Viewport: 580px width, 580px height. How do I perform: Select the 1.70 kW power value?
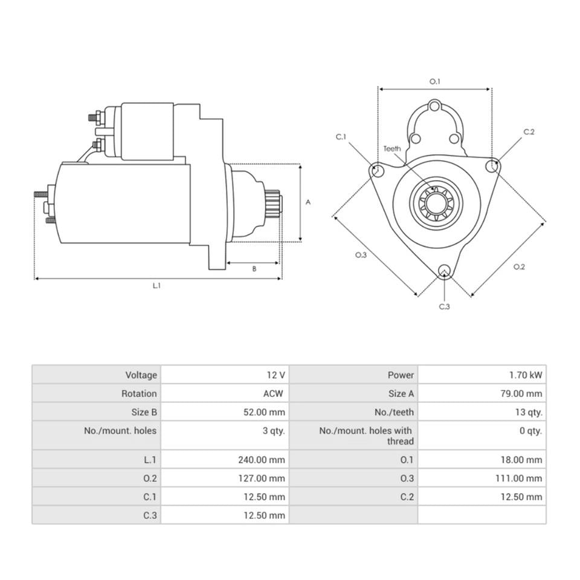pyautogui.click(x=526, y=375)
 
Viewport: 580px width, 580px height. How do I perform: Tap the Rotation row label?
pyautogui.click(x=139, y=393)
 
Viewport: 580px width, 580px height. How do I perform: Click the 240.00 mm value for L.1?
pyautogui.click(x=260, y=460)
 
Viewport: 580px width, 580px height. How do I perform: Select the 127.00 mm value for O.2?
pyautogui.click(x=260, y=478)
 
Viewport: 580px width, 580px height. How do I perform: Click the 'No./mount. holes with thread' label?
pyautogui.click(x=366, y=436)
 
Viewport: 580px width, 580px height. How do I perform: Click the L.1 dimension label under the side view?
pyautogui.click(x=156, y=286)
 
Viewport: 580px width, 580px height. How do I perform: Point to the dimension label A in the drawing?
pyautogui.click(x=308, y=202)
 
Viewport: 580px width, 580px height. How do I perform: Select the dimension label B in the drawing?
pyautogui.click(x=254, y=269)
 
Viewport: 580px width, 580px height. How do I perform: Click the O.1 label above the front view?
pyautogui.click(x=434, y=81)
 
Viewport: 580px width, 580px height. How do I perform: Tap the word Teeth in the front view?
pyautogui.click(x=392, y=149)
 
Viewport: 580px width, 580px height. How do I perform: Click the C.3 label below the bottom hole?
pyautogui.click(x=444, y=307)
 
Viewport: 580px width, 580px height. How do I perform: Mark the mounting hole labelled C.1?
pyautogui.click(x=378, y=171)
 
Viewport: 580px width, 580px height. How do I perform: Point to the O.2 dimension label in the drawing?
pyautogui.click(x=519, y=266)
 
